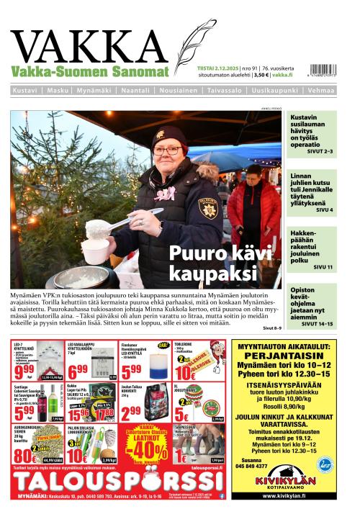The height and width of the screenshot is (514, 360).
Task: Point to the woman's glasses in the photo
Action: (x=167, y=150)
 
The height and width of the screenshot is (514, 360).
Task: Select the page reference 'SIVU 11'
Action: (x=323, y=267)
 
